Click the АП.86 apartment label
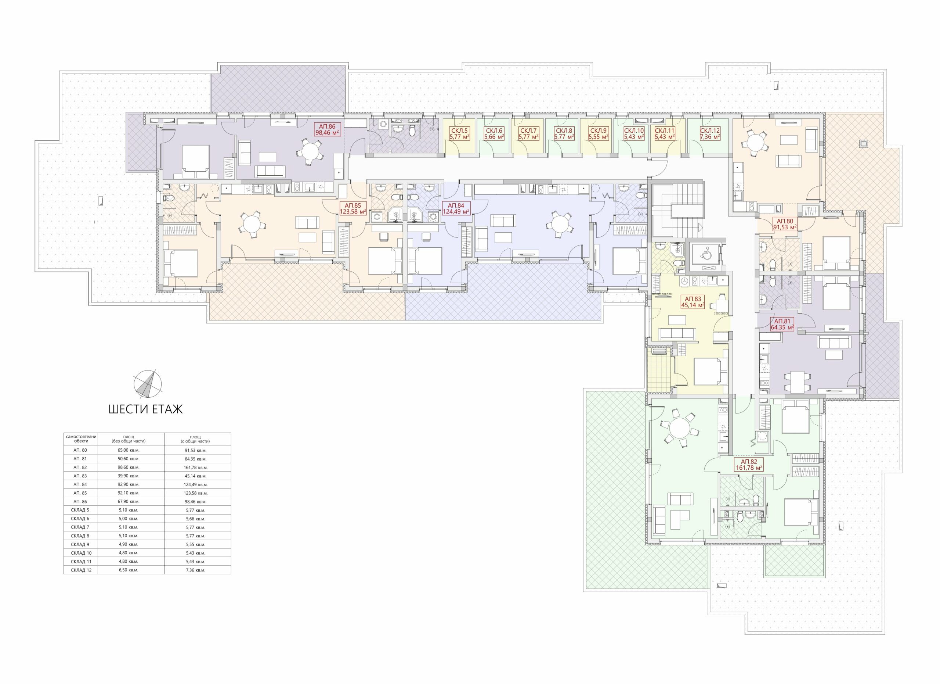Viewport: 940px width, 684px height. point(327,130)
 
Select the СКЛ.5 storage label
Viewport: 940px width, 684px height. point(460,133)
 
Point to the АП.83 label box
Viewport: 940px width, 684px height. point(693,302)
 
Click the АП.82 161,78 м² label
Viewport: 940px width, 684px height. point(749,465)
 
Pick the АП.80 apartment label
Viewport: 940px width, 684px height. point(785,225)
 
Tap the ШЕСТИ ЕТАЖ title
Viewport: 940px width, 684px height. point(145,410)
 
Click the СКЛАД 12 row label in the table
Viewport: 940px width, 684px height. point(81,570)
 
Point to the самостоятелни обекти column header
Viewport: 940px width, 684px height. point(81,438)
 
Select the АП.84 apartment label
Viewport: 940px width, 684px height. point(456,208)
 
